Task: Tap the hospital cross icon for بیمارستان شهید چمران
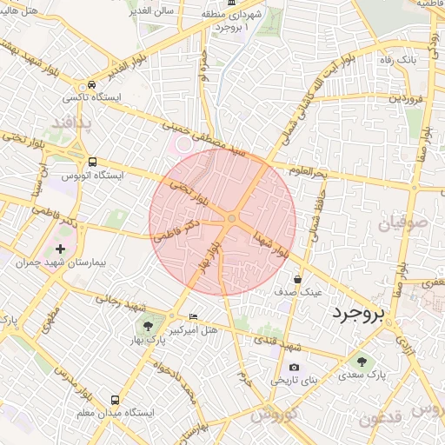click(60, 249)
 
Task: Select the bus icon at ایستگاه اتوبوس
click(92, 162)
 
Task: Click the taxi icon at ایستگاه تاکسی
click(91, 85)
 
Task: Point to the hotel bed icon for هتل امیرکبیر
click(193, 315)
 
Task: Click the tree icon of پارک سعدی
click(361, 360)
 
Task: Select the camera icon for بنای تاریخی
click(294, 367)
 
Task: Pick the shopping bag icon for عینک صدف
click(298, 279)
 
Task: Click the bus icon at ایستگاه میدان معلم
click(116, 399)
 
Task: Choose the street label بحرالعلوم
click(307, 173)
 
